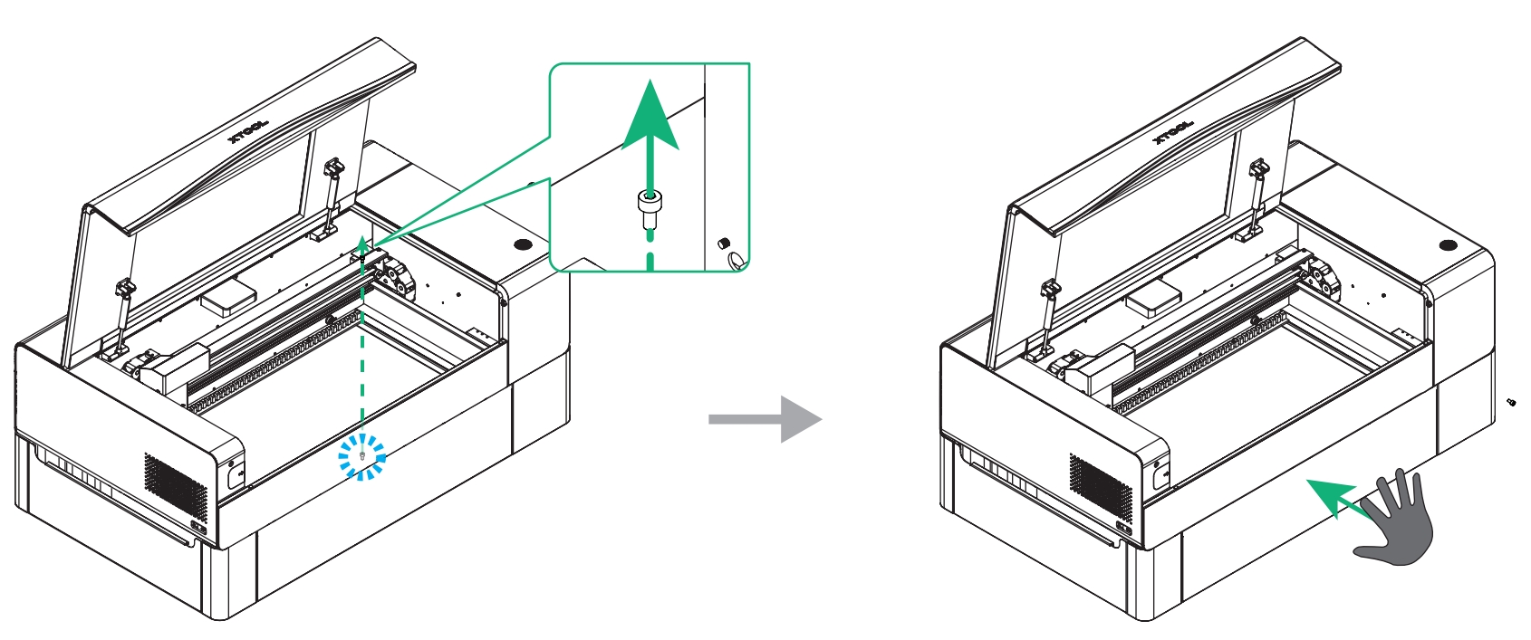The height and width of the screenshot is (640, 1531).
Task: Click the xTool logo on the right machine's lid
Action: (x=1173, y=132)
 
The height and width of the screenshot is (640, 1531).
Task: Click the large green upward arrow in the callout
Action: (x=650, y=127)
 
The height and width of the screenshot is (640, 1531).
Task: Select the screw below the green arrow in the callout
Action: (x=649, y=209)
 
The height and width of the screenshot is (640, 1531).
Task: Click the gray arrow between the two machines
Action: (x=765, y=419)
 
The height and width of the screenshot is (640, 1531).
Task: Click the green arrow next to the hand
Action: (x=1335, y=500)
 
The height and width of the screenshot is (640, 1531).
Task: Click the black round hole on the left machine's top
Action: (x=522, y=244)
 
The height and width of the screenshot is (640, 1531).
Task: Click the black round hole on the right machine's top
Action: (x=1447, y=245)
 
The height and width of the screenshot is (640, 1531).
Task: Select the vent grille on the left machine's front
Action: (x=175, y=482)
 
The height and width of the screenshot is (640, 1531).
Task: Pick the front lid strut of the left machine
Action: (x=120, y=317)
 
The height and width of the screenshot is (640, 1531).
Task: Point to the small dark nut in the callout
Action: (x=723, y=243)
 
